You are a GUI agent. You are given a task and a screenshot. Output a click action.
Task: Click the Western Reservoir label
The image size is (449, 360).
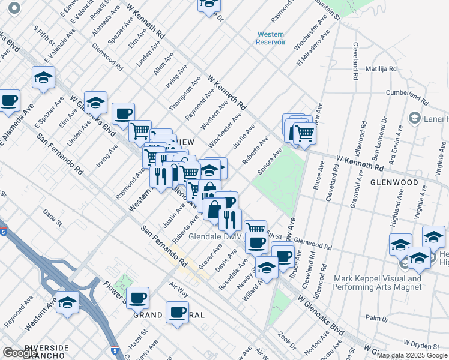[270, 38]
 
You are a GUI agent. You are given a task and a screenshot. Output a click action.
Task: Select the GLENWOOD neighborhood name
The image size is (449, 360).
[394, 182]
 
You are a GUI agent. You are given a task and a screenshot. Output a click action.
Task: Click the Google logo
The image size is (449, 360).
[20, 353]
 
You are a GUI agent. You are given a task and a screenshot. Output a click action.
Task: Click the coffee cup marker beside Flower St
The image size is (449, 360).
[138, 297]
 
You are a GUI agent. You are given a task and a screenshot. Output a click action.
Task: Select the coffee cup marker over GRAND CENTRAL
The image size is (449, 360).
[178, 312]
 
